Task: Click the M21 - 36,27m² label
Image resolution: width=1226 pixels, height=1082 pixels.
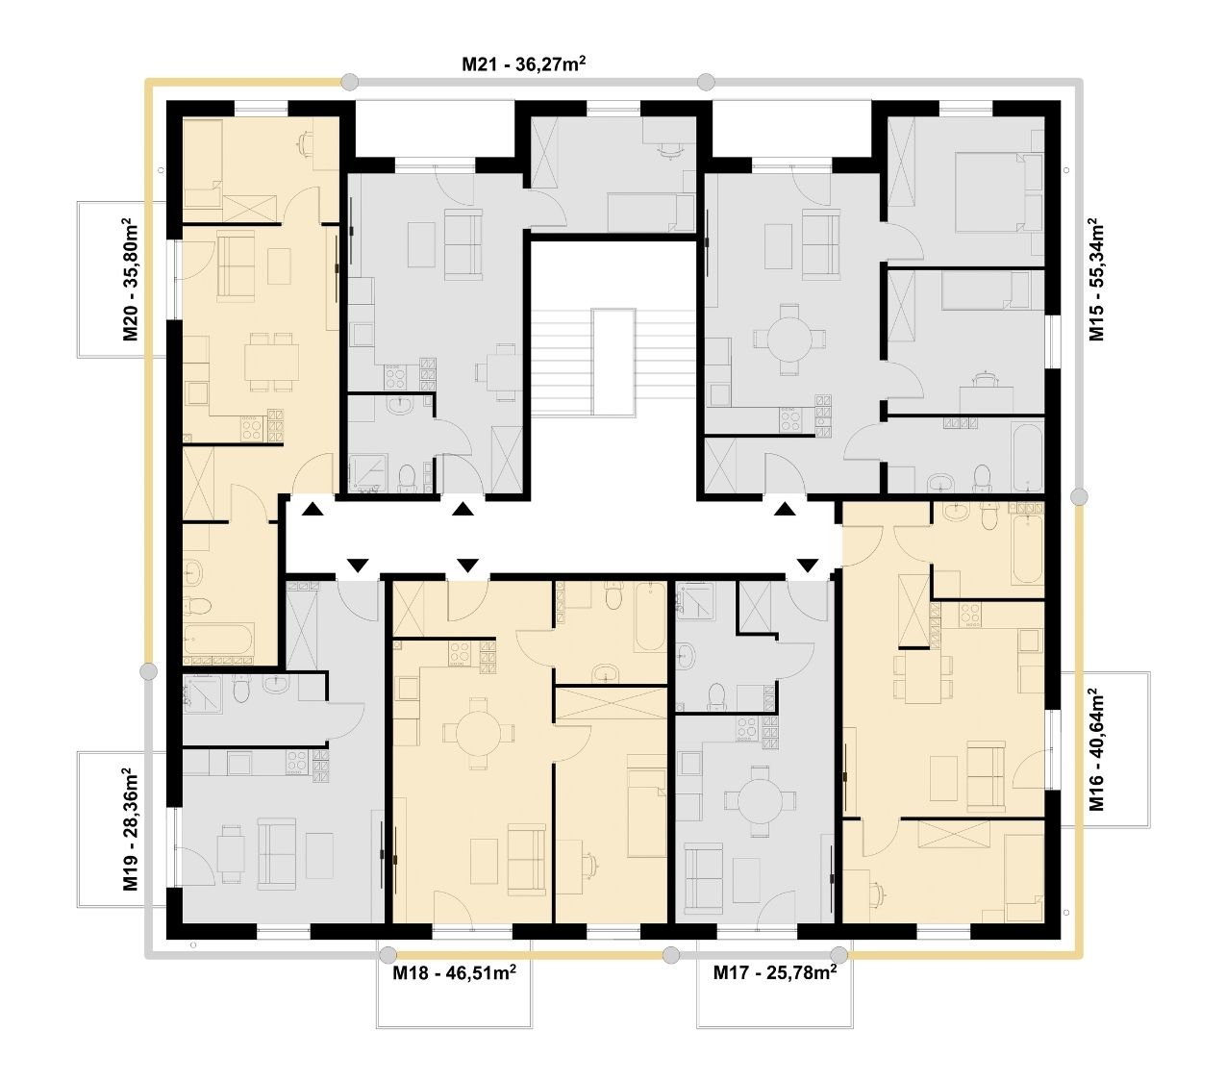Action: pos(523,63)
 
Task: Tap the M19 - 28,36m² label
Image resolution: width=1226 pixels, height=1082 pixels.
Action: pos(131,829)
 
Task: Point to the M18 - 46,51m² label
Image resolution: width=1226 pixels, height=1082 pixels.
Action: pos(455,972)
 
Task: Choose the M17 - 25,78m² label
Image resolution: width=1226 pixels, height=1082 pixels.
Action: pos(775,972)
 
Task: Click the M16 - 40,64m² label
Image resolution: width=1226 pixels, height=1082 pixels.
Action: pos(1096,749)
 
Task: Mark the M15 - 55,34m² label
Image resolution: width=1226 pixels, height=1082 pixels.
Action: pos(1096,279)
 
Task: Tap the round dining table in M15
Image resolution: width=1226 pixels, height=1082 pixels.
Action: pos(789,340)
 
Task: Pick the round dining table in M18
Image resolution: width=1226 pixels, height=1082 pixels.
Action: pos(478,733)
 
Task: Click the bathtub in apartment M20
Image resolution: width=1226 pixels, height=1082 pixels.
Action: pos(219,639)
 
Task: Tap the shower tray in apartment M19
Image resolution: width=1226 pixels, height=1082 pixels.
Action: pos(204,692)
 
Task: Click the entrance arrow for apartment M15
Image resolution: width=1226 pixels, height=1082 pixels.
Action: pos(785,509)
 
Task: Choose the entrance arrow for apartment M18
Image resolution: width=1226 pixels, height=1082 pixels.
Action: pos(466,565)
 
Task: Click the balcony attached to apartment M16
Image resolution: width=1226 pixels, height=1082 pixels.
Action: pos(1106,749)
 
